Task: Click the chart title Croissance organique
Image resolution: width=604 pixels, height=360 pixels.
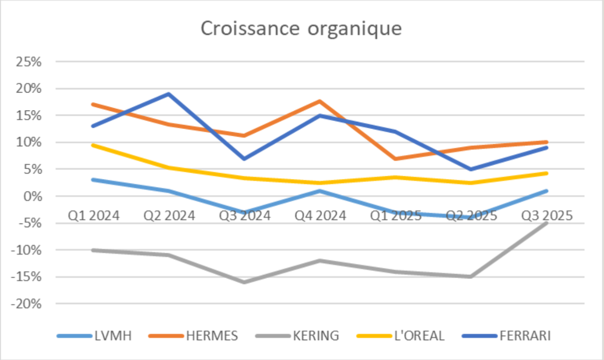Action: [301, 28]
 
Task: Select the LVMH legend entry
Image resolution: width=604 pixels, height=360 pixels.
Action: [113, 336]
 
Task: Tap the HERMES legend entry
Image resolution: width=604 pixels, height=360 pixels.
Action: [212, 336]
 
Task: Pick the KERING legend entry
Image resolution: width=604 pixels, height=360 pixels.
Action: [316, 336]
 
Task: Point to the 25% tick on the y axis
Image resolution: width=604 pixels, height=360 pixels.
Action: [28, 62]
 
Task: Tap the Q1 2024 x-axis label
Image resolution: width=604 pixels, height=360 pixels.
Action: [93, 216]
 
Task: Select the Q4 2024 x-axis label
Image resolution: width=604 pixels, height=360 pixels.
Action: [320, 216]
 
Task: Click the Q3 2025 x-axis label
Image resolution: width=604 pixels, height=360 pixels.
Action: [547, 216]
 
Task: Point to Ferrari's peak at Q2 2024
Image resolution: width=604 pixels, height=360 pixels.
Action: [168, 94]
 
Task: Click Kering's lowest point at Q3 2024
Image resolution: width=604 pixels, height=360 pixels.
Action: [244, 282]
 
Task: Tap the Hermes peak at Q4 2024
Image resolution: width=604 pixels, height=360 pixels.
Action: [320, 101]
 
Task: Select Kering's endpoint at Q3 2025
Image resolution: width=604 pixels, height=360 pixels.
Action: [547, 223]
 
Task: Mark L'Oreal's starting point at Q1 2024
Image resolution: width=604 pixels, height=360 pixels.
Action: [93, 145]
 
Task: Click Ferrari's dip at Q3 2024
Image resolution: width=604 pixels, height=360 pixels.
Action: [244, 159]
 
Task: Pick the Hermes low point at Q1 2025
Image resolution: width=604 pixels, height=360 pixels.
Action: [395, 159]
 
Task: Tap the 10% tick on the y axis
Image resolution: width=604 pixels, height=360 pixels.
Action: [28, 143]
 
